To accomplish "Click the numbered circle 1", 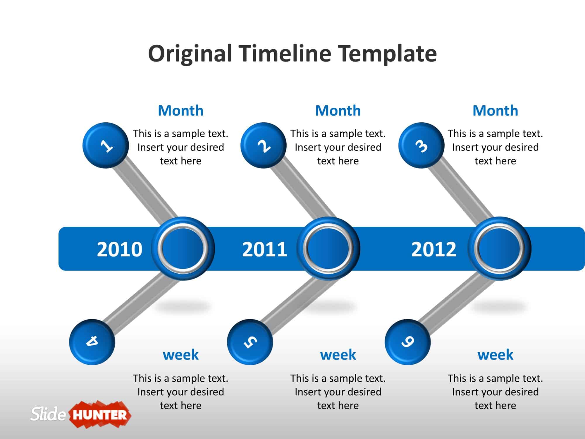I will point(106,145).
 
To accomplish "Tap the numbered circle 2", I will point(264,145).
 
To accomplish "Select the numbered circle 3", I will point(421,145).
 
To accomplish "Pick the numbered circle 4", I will point(92,342).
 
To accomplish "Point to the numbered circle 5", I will point(250,342).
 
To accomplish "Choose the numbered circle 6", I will point(408,342).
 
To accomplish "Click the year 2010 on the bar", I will point(119,249).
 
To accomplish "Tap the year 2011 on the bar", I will point(265,249).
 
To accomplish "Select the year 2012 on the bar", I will point(434,249).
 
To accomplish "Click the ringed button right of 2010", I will point(183,248).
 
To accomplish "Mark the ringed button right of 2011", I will point(328,248).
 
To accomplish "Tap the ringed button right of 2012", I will point(499,248).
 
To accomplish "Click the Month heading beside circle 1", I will point(180,111).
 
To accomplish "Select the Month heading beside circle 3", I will point(495,111).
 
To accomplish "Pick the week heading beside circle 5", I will point(338,355).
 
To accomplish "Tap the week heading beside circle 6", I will point(495,355).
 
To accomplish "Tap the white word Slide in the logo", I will point(48,414).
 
